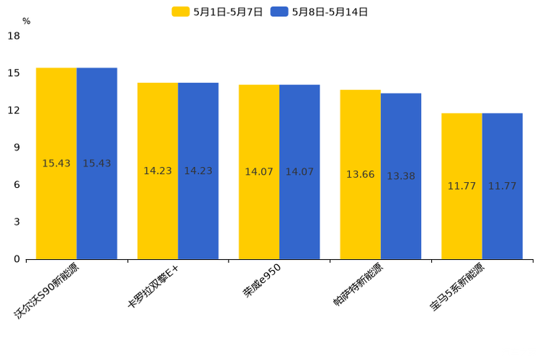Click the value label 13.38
[401, 176]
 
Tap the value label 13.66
[360, 175]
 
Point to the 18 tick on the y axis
[14, 36]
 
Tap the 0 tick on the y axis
[17, 259]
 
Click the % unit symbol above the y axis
[26, 21]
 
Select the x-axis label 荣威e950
[263, 280]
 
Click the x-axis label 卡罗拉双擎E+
[154, 287]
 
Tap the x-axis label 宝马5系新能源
[457, 287]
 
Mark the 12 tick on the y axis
[14, 110]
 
